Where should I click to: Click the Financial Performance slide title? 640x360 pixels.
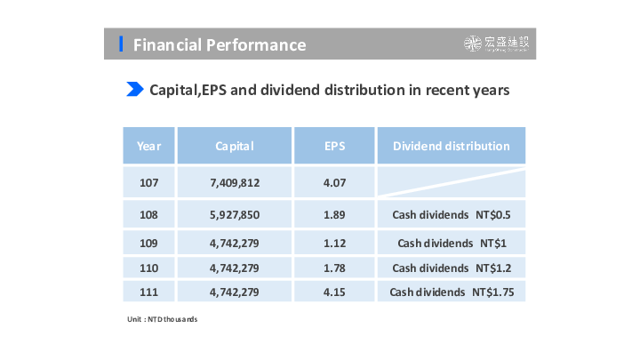(220, 45)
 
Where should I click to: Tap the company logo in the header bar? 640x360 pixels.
(500, 44)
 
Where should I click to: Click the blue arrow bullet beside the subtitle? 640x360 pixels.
(135, 89)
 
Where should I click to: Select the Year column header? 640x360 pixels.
(149, 146)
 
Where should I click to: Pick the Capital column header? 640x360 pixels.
(235, 146)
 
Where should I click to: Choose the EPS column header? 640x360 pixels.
(334, 146)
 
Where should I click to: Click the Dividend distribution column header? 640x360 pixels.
(452, 146)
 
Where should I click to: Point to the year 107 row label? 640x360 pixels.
(149, 184)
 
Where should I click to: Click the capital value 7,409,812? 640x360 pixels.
(235, 184)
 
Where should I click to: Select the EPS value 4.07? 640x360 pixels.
(334, 184)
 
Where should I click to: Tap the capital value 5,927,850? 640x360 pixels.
(235, 215)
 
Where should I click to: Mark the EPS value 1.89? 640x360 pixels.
(334, 215)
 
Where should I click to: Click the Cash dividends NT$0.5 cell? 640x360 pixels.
(452, 215)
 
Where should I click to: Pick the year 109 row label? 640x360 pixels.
(149, 242)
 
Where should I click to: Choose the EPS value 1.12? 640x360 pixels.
(334, 242)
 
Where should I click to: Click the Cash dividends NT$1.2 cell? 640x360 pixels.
(452, 268)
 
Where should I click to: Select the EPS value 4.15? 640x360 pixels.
(334, 292)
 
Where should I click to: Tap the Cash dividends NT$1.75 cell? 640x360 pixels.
(452, 292)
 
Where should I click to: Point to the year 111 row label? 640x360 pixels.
(149, 292)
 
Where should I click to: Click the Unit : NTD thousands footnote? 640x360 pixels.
(161, 318)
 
